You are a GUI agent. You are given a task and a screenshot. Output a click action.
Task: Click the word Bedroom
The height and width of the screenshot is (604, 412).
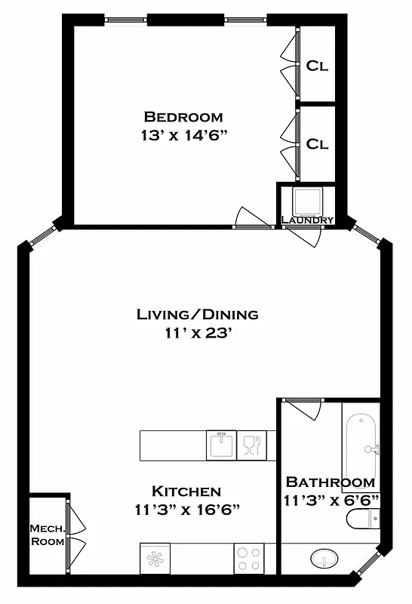click(x=183, y=117)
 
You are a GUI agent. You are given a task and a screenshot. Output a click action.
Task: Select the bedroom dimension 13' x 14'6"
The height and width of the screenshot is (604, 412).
click(x=183, y=137)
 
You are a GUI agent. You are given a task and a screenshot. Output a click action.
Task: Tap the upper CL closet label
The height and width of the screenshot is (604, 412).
click(x=317, y=66)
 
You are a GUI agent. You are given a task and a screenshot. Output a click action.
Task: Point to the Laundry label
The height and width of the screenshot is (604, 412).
click(x=307, y=220)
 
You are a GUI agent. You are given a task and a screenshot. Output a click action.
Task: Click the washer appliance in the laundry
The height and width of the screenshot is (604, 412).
click(x=308, y=200)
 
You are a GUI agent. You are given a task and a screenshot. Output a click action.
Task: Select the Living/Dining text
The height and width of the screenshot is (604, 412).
click(x=197, y=314)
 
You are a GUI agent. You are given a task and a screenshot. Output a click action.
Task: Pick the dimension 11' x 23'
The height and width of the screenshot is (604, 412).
click(x=197, y=334)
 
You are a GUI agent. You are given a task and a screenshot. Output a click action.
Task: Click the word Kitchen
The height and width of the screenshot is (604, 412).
click(x=186, y=491)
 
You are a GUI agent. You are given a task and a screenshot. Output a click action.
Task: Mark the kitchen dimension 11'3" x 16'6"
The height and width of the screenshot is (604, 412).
click(x=186, y=510)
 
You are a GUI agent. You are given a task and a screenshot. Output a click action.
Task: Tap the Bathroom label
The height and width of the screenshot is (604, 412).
click(x=330, y=482)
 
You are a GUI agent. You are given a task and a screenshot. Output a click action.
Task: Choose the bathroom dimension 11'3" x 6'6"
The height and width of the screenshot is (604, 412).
click(x=331, y=500)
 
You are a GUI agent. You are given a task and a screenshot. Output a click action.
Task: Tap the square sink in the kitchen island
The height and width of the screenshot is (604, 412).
click(x=221, y=445)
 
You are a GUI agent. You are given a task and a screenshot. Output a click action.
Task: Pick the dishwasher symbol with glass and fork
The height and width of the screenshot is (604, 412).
click(x=251, y=445)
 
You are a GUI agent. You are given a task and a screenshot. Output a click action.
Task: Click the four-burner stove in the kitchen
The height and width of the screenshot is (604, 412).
click(x=248, y=559)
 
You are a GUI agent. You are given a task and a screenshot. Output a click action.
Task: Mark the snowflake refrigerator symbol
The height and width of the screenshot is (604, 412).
click(x=155, y=559)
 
